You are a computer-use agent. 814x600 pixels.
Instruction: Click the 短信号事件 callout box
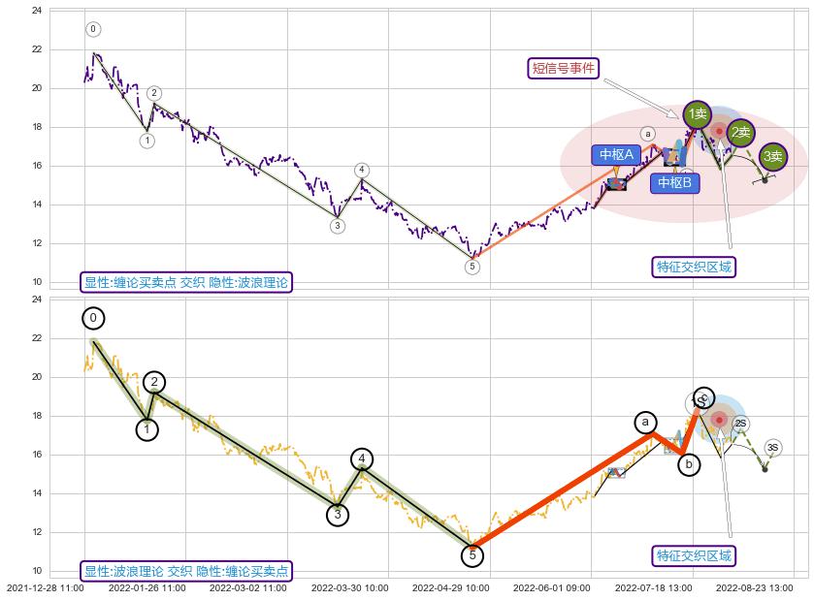click(x=565, y=68)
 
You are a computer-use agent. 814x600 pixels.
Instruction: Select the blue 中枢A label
click(x=616, y=154)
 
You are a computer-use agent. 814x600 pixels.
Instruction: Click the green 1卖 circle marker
click(x=697, y=114)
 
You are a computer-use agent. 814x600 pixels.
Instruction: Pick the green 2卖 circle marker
click(x=740, y=132)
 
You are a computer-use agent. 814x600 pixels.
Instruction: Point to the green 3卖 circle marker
click(x=772, y=156)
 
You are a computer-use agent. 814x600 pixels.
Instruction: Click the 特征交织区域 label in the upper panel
click(x=694, y=267)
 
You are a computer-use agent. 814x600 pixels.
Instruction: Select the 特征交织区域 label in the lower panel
click(x=694, y=555)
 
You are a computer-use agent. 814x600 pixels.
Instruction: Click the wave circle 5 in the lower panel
click(x=472, y=555)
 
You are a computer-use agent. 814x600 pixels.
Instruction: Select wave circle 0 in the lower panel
click(x=93, y=318)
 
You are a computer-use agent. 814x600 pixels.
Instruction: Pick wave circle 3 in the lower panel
click(x=337, y=515)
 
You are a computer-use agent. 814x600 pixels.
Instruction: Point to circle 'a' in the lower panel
click(x=645, y=422)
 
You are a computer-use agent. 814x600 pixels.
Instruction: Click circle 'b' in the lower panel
click(x=688, y=464)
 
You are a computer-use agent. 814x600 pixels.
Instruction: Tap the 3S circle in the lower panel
click(x=772, y=447)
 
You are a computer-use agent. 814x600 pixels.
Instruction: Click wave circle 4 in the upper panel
click(x=361, y=171)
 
